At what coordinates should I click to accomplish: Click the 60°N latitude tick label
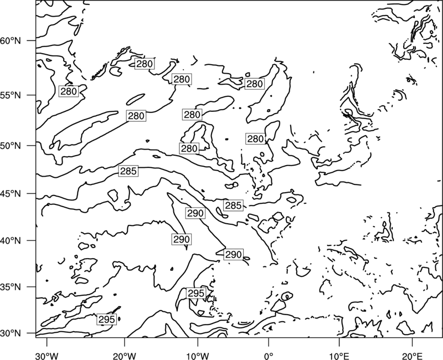(11, 40)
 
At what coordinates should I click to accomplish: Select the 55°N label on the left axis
(11, 95)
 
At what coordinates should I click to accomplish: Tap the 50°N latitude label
(11, 146)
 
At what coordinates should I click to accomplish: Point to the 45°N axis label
(11, 193)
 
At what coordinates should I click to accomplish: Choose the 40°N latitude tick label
(11, 241)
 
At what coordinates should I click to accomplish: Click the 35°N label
(11, 287)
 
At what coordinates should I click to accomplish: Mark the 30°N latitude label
(11, 333)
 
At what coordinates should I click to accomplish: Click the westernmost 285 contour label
(128, 171)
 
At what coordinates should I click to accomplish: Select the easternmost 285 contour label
(233, 205)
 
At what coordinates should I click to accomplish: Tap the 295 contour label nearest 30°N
(106, 320)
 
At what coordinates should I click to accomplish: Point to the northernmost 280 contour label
(145, 64)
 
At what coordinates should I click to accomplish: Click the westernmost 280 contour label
(69, 91)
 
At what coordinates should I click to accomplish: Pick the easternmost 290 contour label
(233, 255)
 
